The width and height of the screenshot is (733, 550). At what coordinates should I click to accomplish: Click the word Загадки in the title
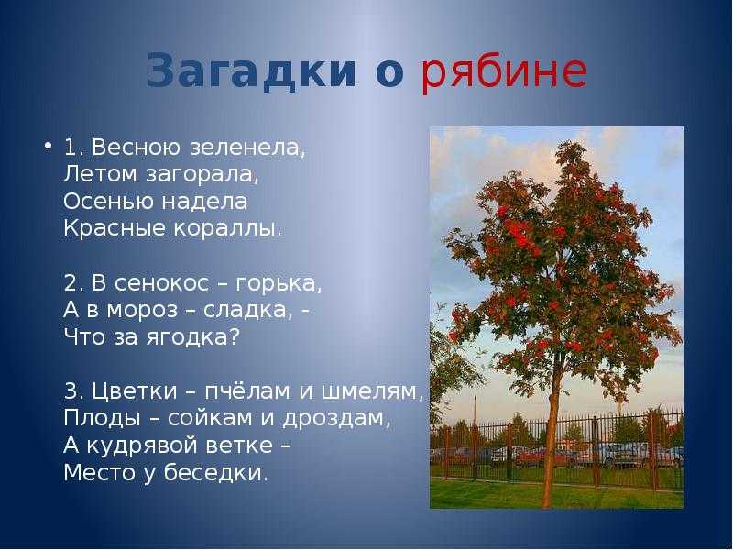pos(251,71)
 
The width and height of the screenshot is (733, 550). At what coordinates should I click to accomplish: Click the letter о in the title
pos(389,74)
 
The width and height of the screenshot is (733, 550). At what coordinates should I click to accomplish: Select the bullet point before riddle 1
pos(49,146)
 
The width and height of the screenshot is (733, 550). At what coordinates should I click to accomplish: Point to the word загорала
pos(202,175)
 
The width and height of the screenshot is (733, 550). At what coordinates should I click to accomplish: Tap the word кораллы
pos(227,229)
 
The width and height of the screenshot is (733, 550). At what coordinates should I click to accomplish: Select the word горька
pos(278,283)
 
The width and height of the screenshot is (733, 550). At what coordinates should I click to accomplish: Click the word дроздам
pos(336,419)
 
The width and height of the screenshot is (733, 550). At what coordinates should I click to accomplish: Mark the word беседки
pos(216,473)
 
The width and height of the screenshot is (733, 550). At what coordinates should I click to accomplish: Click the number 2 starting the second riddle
pos(71,283)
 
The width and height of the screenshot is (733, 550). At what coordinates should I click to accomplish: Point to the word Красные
pos(115,229)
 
